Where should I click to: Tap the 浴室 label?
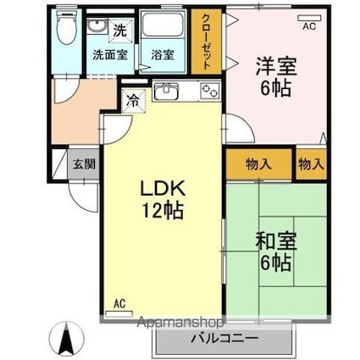163,56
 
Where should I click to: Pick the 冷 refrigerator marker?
132,100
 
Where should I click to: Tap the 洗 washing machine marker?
121,28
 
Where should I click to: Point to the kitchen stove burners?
208,91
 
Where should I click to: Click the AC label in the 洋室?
308,27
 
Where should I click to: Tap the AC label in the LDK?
119,303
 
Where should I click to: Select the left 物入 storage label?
258,164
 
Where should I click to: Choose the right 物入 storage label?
311,164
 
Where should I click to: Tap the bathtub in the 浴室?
164,30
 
